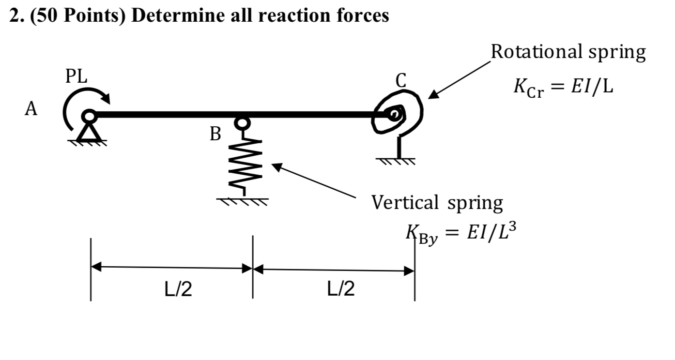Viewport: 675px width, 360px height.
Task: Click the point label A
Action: [31, 110]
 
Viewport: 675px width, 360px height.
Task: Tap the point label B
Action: [215, 134]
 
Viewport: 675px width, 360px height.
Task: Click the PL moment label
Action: [77, 77]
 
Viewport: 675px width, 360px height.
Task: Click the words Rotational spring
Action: [568, 52]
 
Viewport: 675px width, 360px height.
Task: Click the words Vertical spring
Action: [437, 203]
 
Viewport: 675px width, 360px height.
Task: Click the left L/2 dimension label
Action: [178, 289]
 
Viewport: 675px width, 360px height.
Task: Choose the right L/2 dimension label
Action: [341, 289]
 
